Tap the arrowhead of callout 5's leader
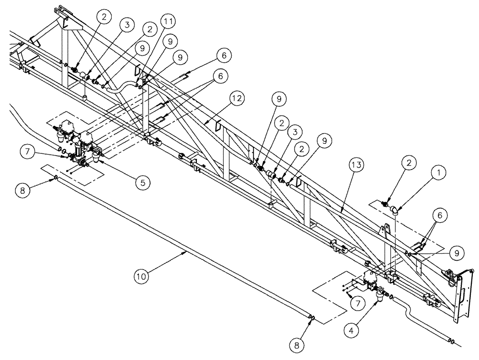tap(100, 162)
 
